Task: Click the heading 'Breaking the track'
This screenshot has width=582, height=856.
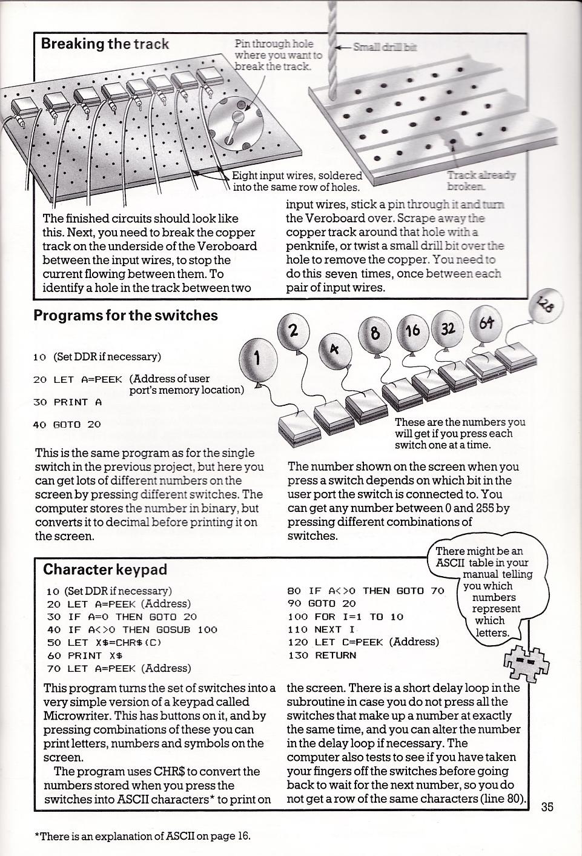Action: click(x=105, y=44)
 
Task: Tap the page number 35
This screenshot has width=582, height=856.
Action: click(x=547, y=806)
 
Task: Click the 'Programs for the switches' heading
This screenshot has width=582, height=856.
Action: click(x=125, y=316)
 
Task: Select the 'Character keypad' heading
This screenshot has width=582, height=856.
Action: click(x=105, y=569)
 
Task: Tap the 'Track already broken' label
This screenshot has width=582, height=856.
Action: click(x=481, y=181)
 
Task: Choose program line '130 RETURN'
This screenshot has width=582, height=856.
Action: click(x=322, y=655)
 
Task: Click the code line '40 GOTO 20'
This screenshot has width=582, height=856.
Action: click(x=67, y=425)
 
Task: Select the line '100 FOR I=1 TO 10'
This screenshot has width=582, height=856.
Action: click(x=345, y=617)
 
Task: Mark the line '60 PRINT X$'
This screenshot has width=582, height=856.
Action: click(x=85, y=655)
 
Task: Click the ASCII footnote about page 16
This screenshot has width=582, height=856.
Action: click(x=143, y=836)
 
